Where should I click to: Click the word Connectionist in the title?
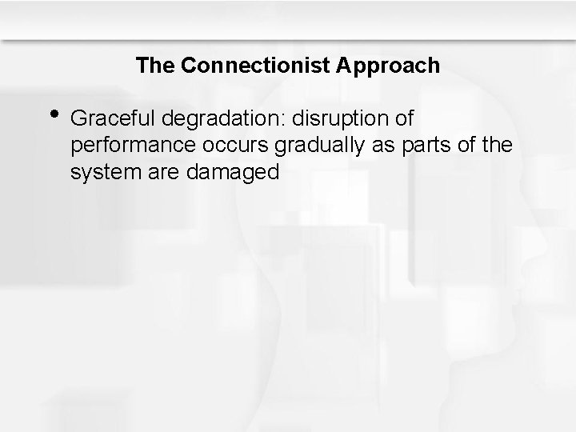point(251,66)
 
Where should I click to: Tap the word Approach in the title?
point(390,66)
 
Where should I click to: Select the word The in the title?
point(156,66)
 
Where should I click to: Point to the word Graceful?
point(112,119)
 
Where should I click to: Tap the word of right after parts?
point(460,146)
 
